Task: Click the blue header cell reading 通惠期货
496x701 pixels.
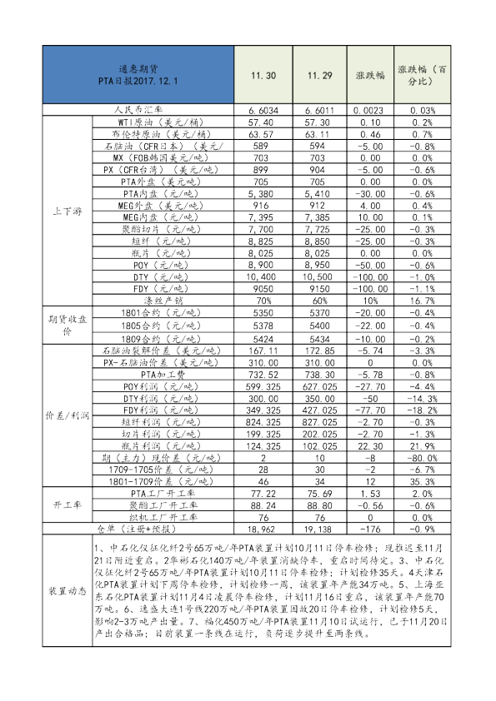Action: tap(138, 74)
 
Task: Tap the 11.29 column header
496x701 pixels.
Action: tap(320, 75)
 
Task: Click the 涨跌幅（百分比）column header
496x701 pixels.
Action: tap(423, 74)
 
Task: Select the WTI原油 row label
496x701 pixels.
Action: tap(159, 122)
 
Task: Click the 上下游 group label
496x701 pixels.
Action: tap(66, 211)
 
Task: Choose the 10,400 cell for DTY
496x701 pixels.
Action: tap(262, 276)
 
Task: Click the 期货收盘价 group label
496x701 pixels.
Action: tap(66, 325)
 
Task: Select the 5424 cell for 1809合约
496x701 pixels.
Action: tap(262, 340)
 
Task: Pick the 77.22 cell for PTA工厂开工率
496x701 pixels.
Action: tap(262, 494)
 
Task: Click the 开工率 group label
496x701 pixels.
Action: tap(66, 505)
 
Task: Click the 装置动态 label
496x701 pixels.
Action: tap(66, 591)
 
